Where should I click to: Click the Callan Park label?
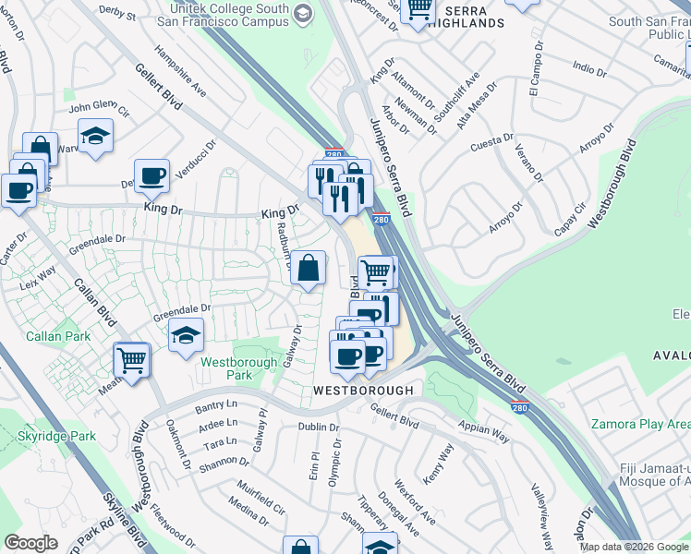[58, 336]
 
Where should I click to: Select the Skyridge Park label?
[56, 435]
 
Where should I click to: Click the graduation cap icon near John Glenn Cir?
[95, 138]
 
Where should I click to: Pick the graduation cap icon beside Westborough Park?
[187, 335]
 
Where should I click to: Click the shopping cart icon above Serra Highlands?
[419, 8]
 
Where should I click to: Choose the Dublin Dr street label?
[319, 428]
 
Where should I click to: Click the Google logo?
[30, 544]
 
